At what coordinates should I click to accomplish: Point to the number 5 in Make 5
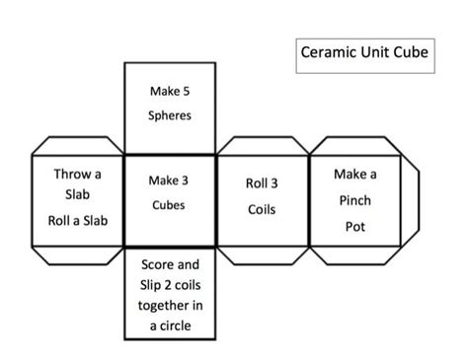point(186,92)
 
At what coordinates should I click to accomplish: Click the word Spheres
point(170,115)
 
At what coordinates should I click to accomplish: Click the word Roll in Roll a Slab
point(62,220)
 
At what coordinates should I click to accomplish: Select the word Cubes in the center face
point(169,205)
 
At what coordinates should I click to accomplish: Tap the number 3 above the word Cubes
point(186,180)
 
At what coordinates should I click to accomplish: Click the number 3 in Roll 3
point(274,183)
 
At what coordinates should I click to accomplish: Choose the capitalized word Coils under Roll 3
point(262,209)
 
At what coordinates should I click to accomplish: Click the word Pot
point(356,226)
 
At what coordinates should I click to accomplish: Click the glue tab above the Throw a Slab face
point(78,145)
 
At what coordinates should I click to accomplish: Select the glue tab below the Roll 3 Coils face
point(262,255)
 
